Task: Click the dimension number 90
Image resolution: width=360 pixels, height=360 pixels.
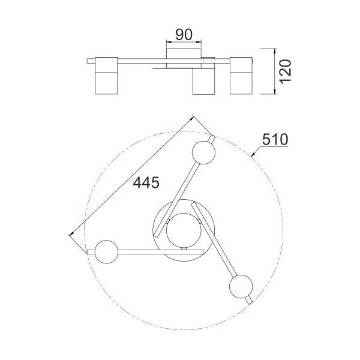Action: tap(184, 35)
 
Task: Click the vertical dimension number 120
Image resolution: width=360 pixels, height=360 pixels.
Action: tap(285, 71)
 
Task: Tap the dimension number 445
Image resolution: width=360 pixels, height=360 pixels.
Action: tap(146, 183)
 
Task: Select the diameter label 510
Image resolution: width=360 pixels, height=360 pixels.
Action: tap(275, 140)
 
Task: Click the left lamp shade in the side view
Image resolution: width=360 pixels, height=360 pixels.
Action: tap(106, 76)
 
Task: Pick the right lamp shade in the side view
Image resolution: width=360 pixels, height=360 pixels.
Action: tap(241, 76)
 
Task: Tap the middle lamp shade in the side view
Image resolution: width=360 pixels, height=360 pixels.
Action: tap(203, 81)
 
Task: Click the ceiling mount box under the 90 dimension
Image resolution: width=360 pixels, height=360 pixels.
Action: tap(184, 53)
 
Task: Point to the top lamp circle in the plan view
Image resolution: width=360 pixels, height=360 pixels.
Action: tap(203, 152)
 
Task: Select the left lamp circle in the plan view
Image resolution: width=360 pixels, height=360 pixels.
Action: tap(106, 251)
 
